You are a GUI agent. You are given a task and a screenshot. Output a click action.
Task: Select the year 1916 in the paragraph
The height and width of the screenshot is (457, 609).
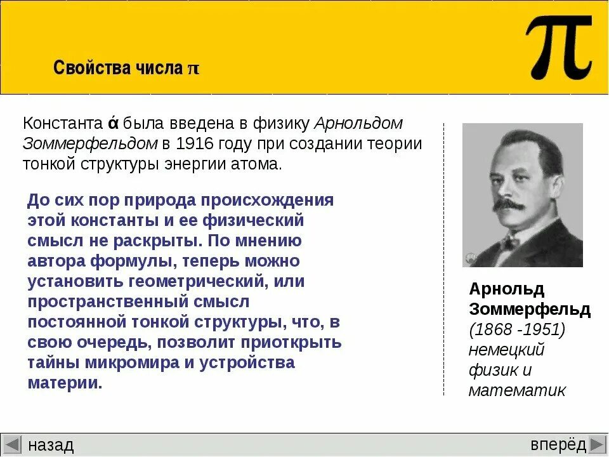pyautogui.click(x=194, y=143)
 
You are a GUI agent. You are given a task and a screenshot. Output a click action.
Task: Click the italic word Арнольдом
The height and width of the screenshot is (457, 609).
pyautogui.click(x=358, y=123)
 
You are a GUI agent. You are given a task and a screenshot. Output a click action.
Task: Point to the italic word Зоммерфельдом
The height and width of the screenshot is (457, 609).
pyautogui.click(x=90, y=143)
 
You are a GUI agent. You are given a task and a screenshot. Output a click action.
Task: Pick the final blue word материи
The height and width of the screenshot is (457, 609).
pyautogui.click(x=64, y=383)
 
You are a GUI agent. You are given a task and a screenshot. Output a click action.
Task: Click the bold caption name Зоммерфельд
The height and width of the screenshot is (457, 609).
pyautogui.click(x=530, y=309)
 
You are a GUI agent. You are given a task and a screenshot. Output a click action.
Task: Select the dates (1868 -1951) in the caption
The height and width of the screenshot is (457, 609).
pyautogui.click(x=517, y=329)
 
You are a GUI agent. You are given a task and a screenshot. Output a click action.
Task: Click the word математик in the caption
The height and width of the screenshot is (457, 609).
pyautogui.click(x=516, y=390)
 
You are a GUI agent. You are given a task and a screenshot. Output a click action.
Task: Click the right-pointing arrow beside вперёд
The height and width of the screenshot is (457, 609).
pyautogui.click(x=598, y=444)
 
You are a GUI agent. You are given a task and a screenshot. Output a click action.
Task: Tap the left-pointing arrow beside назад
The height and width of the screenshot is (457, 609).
pyautogui.click(x=12, y=444)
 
